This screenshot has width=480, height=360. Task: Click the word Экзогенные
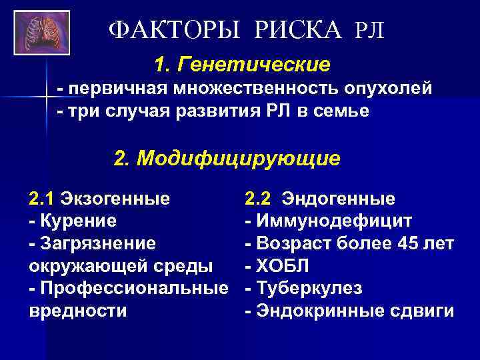[x=114, y=198]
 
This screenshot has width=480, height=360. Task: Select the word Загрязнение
[x=97, y=243]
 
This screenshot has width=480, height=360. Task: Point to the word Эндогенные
[x=338, y=198]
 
